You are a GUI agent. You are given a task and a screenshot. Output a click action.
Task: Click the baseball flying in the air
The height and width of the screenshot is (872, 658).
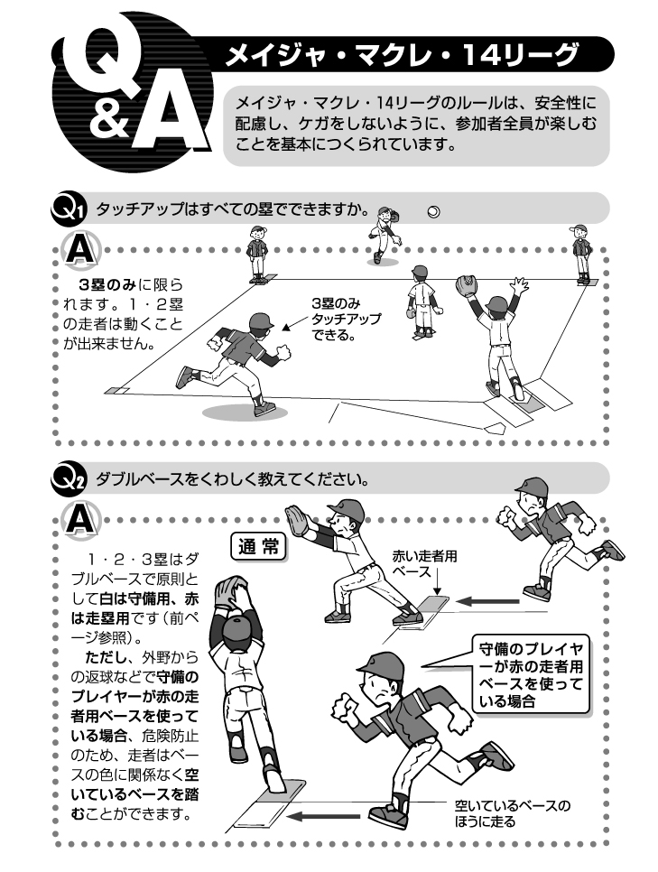434,212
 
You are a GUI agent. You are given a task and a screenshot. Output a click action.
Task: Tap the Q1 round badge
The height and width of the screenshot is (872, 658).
68,209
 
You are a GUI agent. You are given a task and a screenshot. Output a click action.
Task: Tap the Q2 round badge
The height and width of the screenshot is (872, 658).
68,479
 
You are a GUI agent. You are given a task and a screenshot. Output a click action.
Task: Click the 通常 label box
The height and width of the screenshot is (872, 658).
258,547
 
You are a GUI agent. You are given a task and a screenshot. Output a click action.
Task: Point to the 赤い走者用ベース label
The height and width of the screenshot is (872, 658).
424,563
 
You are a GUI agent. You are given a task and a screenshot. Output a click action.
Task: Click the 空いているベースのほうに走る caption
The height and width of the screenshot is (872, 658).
513,813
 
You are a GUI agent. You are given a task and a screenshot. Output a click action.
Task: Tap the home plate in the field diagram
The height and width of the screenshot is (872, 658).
495,428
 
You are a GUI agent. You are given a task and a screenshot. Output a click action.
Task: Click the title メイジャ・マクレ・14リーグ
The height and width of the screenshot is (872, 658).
402,55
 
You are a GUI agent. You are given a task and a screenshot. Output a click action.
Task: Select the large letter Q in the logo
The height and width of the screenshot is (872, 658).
100,64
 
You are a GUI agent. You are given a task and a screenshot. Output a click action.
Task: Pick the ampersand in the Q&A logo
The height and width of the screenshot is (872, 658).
109,119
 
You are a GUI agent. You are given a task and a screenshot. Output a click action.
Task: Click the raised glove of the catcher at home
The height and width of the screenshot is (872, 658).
466,285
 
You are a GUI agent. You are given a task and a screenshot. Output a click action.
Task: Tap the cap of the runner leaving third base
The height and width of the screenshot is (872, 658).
261,320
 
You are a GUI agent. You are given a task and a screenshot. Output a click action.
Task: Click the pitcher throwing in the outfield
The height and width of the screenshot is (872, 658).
384,235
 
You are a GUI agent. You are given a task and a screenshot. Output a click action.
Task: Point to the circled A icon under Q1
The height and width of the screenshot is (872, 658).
82,251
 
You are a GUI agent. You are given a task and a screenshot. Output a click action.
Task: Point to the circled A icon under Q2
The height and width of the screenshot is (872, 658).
82,521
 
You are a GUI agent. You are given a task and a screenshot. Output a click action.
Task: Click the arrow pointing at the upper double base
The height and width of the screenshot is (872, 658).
487,601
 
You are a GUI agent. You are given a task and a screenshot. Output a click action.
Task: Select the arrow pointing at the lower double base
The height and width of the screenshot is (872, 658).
323,816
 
